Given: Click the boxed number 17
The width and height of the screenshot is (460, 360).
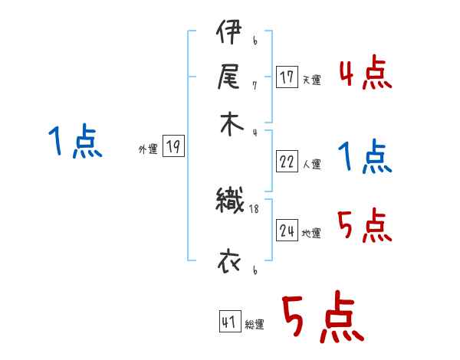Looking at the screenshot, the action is [x=287, y=77].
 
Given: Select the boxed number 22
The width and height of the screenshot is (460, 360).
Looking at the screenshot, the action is [x=287, y=162].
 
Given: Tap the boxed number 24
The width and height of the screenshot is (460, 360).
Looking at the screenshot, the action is [x=287, y=231].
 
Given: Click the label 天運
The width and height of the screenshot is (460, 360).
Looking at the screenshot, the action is [x=311, y=80].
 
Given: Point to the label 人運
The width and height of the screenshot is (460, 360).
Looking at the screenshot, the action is [x=311, y=164].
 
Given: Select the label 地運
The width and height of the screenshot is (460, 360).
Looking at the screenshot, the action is [x=311, y=233].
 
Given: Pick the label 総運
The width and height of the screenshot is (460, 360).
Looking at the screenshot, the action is [x=255, y=324].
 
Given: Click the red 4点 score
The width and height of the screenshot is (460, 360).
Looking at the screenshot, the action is [x=365, y=75].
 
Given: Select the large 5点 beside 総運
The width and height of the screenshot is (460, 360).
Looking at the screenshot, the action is [x=321, y=319].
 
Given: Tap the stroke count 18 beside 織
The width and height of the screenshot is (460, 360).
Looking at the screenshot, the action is [x=255, y=209].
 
